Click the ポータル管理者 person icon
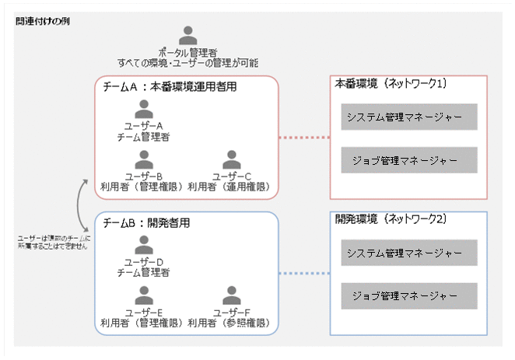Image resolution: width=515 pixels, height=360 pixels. point(187,36)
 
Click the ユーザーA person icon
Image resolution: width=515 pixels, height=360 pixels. point(143,108)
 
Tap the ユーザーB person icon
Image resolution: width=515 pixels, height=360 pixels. point(143,159)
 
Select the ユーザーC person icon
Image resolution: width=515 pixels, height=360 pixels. point(229,159)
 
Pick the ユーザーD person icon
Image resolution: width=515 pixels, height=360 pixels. point(143,244)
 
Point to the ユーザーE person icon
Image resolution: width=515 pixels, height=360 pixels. point(143,295)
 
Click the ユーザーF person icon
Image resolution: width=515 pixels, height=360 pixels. point(229,295)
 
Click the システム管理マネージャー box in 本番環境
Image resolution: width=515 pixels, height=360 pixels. point(408,117)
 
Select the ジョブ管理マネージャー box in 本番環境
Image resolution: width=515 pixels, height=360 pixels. point(408,160)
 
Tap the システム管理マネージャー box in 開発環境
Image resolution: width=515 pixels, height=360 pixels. point(408,253)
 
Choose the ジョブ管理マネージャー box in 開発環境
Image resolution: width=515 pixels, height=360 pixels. point(408,295)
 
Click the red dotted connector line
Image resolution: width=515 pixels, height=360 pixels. point(304,138)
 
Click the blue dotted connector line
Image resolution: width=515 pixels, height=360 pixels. point(304,274)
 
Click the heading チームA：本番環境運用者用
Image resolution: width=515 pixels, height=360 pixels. point(170,87)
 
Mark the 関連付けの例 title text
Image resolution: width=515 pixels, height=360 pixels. point(43,20)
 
